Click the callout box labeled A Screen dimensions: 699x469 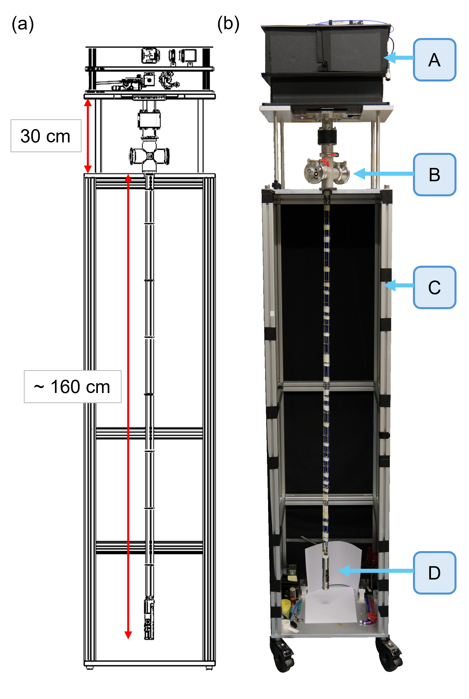coord(434,60)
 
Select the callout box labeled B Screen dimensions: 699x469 coord(434,175)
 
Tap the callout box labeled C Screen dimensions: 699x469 coord(434,287)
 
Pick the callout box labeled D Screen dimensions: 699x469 coord(434,573)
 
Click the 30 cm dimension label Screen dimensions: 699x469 coord(46,136)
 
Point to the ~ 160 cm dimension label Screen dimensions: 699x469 coord(73,387)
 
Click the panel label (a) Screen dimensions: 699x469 coord(23,24)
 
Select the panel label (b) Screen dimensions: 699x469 coord(228,24)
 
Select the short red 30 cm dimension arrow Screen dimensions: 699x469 coord(88,136)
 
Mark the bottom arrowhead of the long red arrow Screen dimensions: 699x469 coord(128,635)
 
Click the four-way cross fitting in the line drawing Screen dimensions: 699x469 coord(150,156)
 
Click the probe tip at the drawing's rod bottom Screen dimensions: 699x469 coord(149,618)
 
